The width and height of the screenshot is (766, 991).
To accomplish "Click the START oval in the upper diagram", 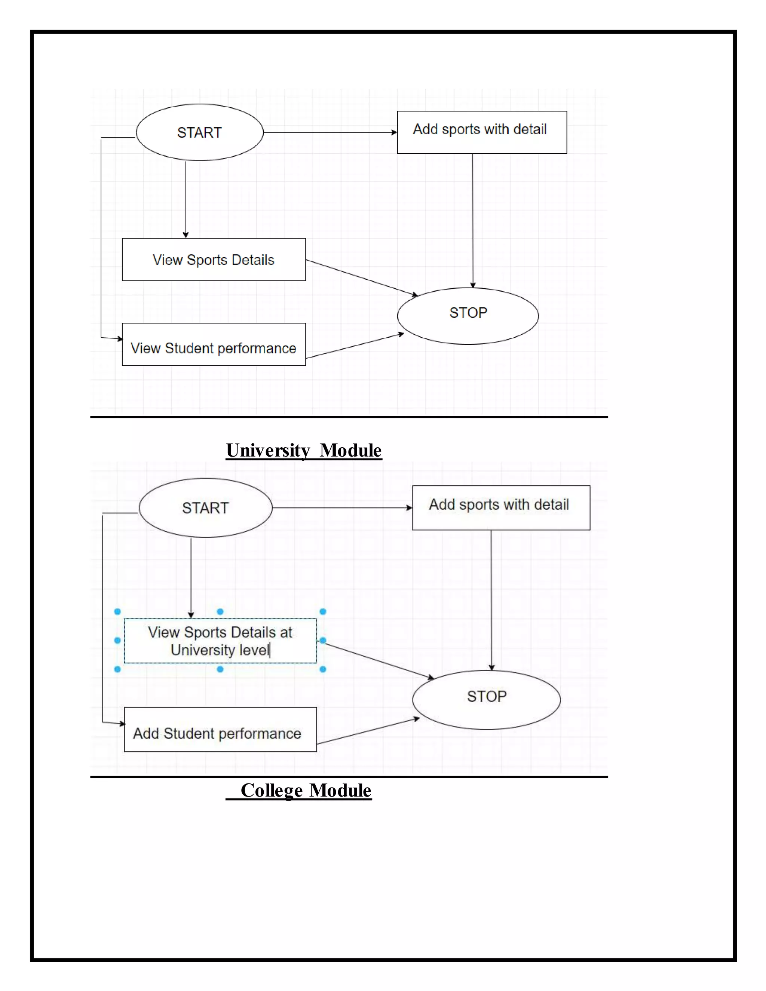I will [199, 132].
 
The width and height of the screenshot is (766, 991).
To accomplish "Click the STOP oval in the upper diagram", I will [468, 316].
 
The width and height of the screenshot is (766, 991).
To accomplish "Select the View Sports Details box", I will [214, 260].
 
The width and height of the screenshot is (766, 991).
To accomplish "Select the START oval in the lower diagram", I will [206, 508].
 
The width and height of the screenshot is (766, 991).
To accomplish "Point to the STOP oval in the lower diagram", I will [487, 700].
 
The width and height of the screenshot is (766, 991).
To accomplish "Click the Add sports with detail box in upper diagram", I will [482, 132].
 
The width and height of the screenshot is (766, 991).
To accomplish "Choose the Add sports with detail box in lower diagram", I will [501, 508].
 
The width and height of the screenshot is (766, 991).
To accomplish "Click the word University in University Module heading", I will [268, 451].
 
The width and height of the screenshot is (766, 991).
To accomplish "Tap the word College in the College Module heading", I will [272, 791].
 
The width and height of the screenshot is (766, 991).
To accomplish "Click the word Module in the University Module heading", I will [350, 451].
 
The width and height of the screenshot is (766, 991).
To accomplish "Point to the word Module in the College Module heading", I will [341, 791].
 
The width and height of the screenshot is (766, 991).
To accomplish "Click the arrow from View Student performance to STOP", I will [355, 346].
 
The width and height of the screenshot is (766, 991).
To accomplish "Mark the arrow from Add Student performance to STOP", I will [368, 731].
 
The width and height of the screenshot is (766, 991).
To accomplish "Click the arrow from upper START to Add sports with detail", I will [330, 132].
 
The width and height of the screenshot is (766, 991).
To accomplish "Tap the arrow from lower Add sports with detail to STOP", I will [491, 599].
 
